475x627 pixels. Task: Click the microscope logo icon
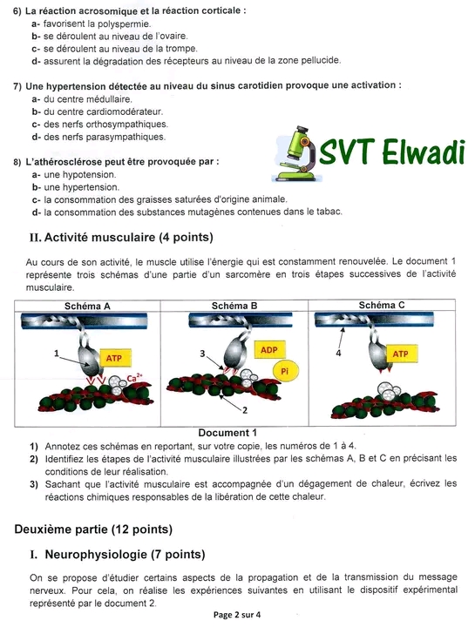coord(295,154)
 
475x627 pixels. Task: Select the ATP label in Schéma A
coord(113,358)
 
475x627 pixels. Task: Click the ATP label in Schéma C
coord(400,354)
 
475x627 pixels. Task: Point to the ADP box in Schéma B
coord(269,350)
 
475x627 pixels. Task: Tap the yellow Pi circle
coord(284,371)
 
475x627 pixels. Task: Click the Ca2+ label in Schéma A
coord(134,377)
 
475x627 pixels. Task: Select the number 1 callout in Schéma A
coord(57,353)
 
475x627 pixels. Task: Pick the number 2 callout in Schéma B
coord(245,410)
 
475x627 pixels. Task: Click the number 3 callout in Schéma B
coord(202,353)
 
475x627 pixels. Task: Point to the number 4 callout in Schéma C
coord(338,353)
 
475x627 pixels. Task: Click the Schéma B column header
coord(234,306)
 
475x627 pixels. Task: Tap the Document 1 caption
coord(227,433)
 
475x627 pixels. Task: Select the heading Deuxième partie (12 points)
coord(93,529)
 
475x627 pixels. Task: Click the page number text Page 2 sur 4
coord(237,615)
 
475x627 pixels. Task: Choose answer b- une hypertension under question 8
coord(76,187)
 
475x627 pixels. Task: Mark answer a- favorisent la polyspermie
coord(92,24)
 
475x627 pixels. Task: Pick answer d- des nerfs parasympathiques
coord(98,137)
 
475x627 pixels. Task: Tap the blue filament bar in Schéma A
coord(84,320)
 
